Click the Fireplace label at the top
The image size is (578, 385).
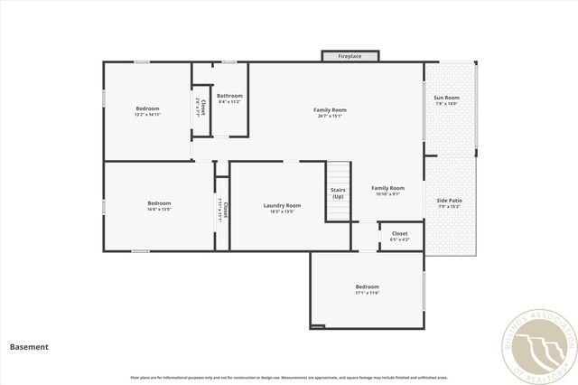(350, 56)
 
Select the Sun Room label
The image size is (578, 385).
(446, 98)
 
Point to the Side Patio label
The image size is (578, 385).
(449, 200)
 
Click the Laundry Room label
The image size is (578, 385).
(282, 205)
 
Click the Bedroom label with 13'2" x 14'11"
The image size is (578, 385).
(147, 108)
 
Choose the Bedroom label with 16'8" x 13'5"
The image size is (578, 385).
(159, 203)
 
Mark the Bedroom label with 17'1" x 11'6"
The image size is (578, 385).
(367, 286)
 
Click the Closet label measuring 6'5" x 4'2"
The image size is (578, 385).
(399, 234)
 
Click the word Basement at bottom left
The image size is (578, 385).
(29, 346)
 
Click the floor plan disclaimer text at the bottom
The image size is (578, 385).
(288, 377)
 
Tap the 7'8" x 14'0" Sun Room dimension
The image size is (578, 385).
(446, 104)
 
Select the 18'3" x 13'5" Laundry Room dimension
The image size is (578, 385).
(282, 211)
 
